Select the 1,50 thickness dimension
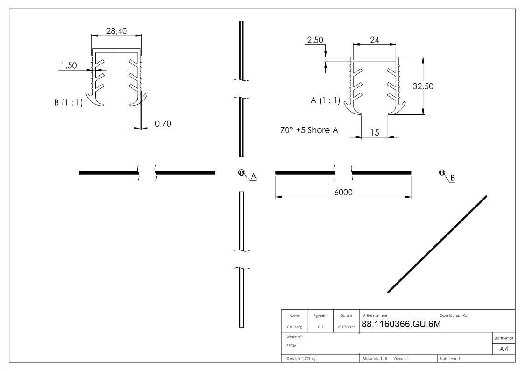[69, 66]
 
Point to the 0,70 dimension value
[163, 123]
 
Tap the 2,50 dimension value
[315, 41]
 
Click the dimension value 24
[374, 40]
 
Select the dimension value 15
[375, 133]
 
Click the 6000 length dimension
[343, 192]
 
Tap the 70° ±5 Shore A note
[309, 130]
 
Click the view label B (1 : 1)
[69, 103]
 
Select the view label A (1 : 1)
[325, 100]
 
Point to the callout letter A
[254, 176]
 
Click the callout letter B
[453, 178]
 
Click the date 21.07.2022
[346, 327]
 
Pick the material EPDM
[292, 346]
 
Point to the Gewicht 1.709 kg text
[301, 359]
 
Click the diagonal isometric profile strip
[437, 244]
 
